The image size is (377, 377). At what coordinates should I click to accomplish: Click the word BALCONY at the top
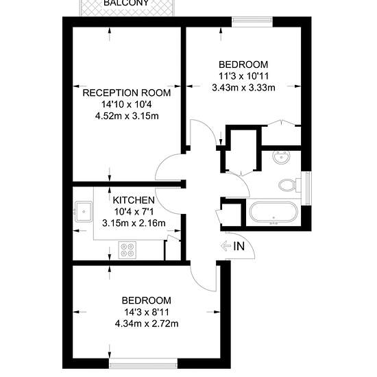pos(126,3)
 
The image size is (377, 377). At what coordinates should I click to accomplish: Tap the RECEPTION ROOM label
pos(127,93)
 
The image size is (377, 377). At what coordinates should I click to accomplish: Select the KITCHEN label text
pos(134,200)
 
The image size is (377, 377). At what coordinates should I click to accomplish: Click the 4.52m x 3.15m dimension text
pos(127,116)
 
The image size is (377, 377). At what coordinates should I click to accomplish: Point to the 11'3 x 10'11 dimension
pos(243,76)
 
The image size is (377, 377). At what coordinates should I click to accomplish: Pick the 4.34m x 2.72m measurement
pos(147,324)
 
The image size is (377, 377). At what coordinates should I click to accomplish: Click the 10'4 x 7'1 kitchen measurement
pos(134,212)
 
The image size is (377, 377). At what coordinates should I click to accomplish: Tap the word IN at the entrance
pos(239,246)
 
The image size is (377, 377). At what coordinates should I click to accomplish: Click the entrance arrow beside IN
pos(226,246)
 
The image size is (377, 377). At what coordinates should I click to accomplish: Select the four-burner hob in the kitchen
pos(127,250)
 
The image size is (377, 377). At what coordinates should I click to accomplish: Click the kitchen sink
pos(84,212)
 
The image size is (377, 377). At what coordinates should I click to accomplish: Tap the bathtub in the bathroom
pos(273,212)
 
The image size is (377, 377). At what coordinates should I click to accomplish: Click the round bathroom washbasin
pos(281,158)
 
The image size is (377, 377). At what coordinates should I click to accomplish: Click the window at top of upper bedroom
pos(252,22)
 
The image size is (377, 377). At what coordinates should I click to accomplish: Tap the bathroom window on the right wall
pos(307,188)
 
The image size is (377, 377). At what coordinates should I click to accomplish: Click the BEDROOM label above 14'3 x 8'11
pos(147,300)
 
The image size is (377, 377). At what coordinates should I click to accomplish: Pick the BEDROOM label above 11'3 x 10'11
pos(243,64)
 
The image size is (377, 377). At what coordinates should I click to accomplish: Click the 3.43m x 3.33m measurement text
pos(243,88)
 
